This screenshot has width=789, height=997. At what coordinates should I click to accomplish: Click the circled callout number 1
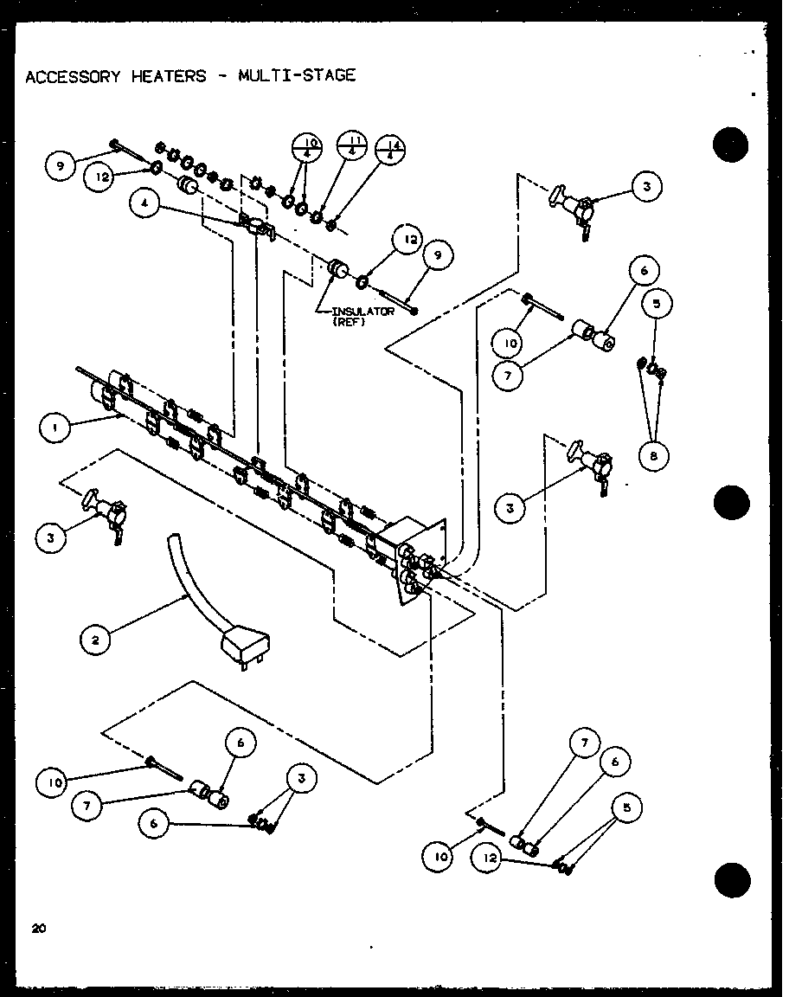coord(54,427)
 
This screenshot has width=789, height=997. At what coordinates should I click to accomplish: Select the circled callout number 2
coord(94,640)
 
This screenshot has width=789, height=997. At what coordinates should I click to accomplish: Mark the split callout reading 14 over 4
coord(391,151)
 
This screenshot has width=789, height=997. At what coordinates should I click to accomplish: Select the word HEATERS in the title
coord(169,76)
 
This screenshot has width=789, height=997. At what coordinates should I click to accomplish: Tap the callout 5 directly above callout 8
coord(657,304)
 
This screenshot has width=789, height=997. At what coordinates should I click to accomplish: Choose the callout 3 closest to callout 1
coord(52,537)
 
